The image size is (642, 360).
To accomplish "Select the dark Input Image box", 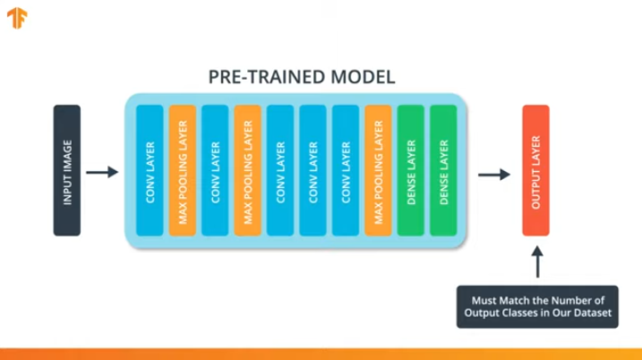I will click(x=67, y=170).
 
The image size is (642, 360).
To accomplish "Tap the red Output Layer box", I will click(x=535, y=170).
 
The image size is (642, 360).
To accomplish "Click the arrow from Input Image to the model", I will click(x=104, y=171).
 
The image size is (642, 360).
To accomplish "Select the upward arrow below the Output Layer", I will click(x=536, y=262).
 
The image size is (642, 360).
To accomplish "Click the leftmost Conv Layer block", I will click(x=150, y=170).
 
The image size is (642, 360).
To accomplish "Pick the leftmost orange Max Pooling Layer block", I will click(x=183, y=170).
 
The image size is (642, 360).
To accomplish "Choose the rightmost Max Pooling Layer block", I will click(x=378, y=170).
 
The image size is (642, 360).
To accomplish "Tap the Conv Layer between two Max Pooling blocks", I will click(x=215, y=170).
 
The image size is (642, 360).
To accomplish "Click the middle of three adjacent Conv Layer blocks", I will click(x=312, y=170).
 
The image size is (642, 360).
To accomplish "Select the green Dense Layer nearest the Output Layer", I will click(x=443, y=170).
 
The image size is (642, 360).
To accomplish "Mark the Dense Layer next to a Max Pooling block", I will click(x=410, y=170).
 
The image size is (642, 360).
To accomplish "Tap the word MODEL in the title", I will click(x=363, y=76).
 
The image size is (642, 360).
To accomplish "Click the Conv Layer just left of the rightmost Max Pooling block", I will click(x=345, y=170).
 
